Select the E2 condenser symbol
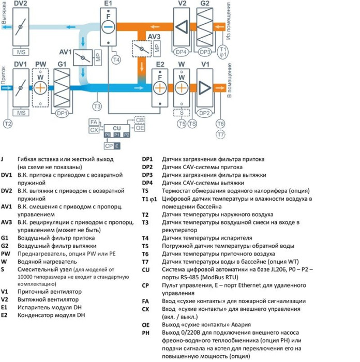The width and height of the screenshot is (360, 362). pos(160,87)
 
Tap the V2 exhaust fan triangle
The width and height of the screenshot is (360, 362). pos(182,27)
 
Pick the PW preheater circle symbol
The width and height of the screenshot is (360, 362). pos(40,87)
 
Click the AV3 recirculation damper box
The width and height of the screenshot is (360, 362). pos(139,49)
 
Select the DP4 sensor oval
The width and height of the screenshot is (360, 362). pos(181,52)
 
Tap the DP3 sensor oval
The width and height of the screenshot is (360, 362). pos(205,52)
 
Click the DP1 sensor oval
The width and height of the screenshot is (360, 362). pos(62,112)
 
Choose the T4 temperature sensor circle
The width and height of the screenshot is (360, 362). pos(116,61)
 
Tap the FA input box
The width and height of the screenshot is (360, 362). pos(94,122)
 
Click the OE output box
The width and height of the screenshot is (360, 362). pos(140,128)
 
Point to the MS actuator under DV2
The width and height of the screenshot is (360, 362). pos(21,52)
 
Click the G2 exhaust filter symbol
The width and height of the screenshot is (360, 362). pos(205,27)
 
